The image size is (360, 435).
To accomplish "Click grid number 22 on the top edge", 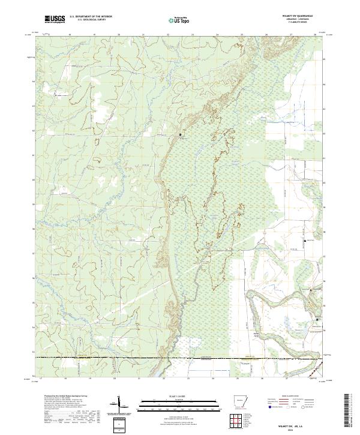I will pos(169,35).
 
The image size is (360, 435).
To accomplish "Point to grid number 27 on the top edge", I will pos(291,35).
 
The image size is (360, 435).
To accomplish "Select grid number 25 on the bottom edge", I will pos(242,379).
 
